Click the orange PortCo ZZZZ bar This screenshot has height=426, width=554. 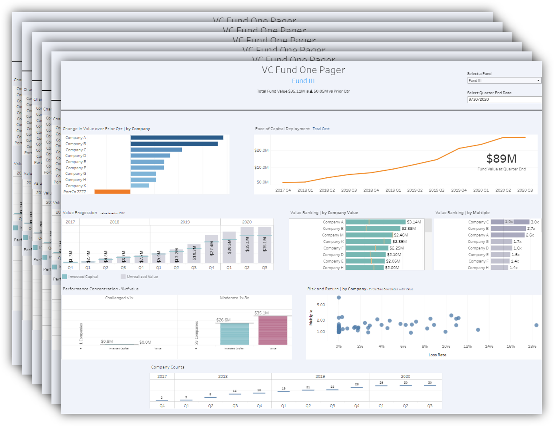click(x=112, y=192)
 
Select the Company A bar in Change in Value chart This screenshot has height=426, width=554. click(x=177, y=138)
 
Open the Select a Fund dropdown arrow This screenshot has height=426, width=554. click(x=538, y=81)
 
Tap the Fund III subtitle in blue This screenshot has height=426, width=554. click(x=303, y=81)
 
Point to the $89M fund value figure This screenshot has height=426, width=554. click(x=501, y=159)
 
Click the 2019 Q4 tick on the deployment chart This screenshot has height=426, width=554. click(x=459, y=190)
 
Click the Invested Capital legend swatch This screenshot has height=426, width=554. click(x=64, y=277)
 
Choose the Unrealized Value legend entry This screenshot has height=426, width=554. click(x=142, y=277)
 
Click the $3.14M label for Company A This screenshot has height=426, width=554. click(x=414, y=222)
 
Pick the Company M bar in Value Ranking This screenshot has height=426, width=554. click(x=369, y=235)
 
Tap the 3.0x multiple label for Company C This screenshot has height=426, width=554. click(x=535, y=222)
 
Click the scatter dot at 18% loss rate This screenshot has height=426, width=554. click(x=536, y=325)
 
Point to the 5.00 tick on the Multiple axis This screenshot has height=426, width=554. click(x=321, y=305)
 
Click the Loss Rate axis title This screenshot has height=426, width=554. click(x=437, y=355)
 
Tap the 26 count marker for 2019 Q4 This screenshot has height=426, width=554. click(x=357, y=387)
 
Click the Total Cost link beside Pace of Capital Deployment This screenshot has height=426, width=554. click(x=321, y=129)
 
